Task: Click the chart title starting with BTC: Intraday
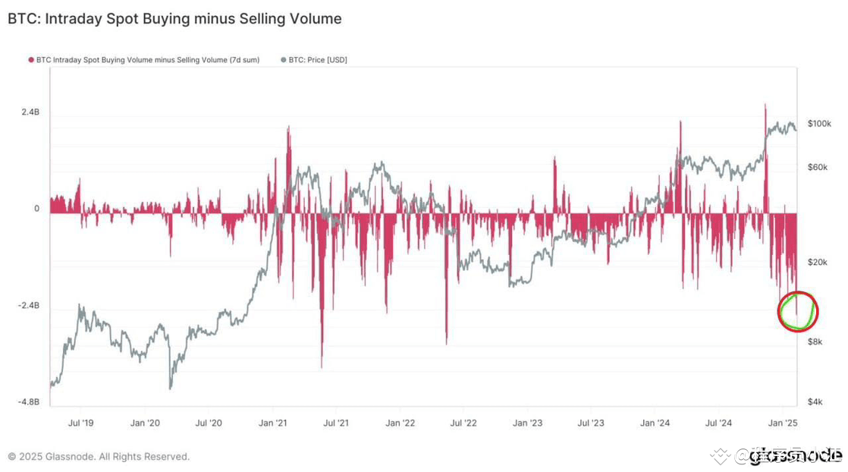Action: pyautogui.click(x=174, y=19)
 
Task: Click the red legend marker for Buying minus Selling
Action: pyautogui.click(x=31, y=60)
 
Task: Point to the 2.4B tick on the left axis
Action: pyautogui.click(x=30, y=112)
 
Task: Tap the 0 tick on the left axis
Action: pyautogui.click(x=36, y=209)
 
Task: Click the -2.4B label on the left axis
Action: pyautogui.click(x=29, y=306)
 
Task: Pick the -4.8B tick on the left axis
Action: pyautogui.click(x=29, y=402)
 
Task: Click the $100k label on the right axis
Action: pyautogui.click(x=819, y=124)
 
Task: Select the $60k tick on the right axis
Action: pyautogui.click(x=818, y=167)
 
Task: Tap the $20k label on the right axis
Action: pyautogui.click(x=818, y=263)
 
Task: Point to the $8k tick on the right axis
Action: pyautogui.click(x=815, y=342)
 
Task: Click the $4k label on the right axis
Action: pyautogui.click(x=815, y=401)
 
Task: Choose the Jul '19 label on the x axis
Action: pyautogui.click(x=80, y=423)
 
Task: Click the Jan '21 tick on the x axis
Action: pyautogui.click(x=272, y=423)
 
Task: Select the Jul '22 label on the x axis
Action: pyautogui.click(x=463, y=423)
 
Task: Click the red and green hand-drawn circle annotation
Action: pyautogui.click(x=798, y=311)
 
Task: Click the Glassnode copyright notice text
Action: pyautogui.click(x=99, y=457)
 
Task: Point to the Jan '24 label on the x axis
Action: pyautogui.click(x=654, y=423)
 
